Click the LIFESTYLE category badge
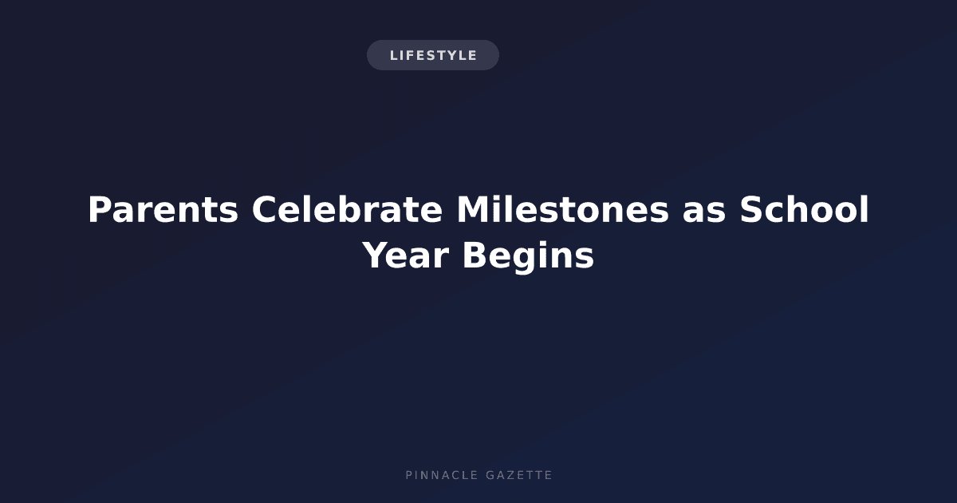[433, 55]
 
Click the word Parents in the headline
[163, 209]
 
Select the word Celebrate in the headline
[347, 209]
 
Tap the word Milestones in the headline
[563, 209]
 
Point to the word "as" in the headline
[704, 212]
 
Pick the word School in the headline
[805, 209]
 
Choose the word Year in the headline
[405, 255]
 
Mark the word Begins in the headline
[529, 256]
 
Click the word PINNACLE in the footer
[442, 475]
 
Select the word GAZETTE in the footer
[519, 475]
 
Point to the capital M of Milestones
[473, 209]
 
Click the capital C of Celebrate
[265, 209]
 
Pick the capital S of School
[752, 209]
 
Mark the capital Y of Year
[376, 255]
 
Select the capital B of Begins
[475, 255]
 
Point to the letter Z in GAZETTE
[510, 475]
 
